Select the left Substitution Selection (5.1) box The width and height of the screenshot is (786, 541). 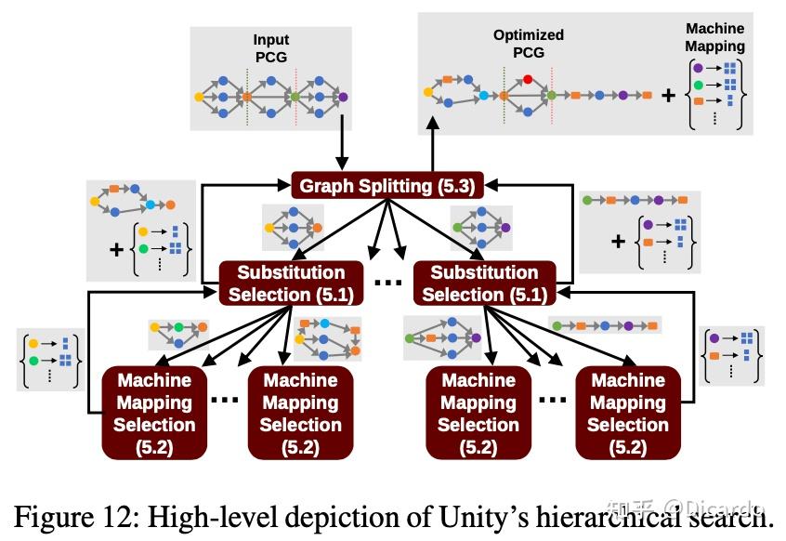pos(290,284)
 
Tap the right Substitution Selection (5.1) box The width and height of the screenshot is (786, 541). pos(483,284)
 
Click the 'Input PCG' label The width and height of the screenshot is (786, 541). pos(271,48)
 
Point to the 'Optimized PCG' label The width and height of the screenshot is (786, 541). pos(527,43)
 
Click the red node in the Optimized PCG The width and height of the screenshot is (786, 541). pos(529,79)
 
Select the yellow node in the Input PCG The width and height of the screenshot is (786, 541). pos(200,96)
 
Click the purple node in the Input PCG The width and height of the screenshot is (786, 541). pos(343,96)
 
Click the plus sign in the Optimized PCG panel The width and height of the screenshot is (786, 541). pos(667,94)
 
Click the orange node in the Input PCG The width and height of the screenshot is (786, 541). pos(247,96)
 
